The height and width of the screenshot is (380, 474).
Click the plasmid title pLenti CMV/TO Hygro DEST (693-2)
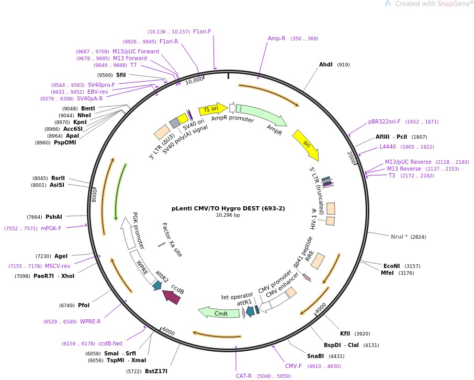click(228, 208)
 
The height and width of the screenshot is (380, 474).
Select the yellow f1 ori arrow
click(212, 108)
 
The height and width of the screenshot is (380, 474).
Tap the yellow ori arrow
click(306, 144)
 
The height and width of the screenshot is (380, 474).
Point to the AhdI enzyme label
click(326, 65)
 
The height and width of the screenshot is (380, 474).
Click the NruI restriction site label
click(399, 237)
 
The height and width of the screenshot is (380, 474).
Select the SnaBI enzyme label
click(315, 356)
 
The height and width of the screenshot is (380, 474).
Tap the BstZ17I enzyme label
click(156, 371)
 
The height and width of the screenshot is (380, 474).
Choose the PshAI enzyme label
click(54, 217)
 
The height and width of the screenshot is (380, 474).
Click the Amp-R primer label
click(277, 38)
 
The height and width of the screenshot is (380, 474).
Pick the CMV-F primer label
click(293, 366)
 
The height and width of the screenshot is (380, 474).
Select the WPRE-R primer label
click(91, 321)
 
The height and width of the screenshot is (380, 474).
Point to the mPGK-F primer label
click(51, 228)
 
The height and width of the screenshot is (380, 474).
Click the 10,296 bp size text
click(228, 215)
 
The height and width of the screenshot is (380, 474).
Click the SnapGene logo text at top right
click(434, 4)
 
